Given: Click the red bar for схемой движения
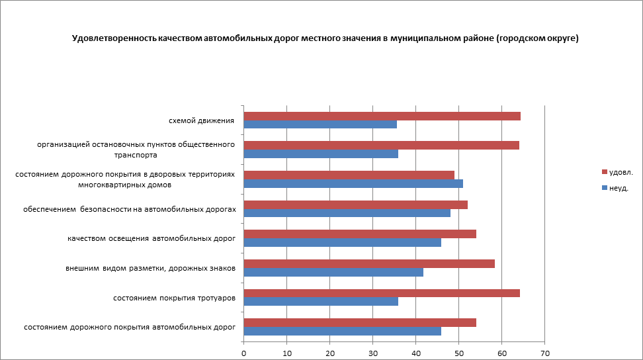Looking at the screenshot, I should (382, 116).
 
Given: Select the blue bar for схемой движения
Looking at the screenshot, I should (320, 124).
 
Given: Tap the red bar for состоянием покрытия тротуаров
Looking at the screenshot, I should (382, 293).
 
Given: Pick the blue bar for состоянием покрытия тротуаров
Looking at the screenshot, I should (321, 301).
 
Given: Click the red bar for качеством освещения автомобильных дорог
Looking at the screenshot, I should (360, 234).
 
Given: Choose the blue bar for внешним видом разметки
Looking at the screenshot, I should (333, 272).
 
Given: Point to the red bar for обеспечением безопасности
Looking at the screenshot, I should (356, 204).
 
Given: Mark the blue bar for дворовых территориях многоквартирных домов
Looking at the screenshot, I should (353, 183).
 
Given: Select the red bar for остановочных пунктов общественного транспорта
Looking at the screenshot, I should (381, 146).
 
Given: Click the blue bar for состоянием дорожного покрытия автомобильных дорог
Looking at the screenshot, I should (342, 331).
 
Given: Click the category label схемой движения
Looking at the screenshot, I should (202, 121).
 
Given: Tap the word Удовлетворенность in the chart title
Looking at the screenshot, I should (114, 38).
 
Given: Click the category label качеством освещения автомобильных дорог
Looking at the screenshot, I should (151, 238).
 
